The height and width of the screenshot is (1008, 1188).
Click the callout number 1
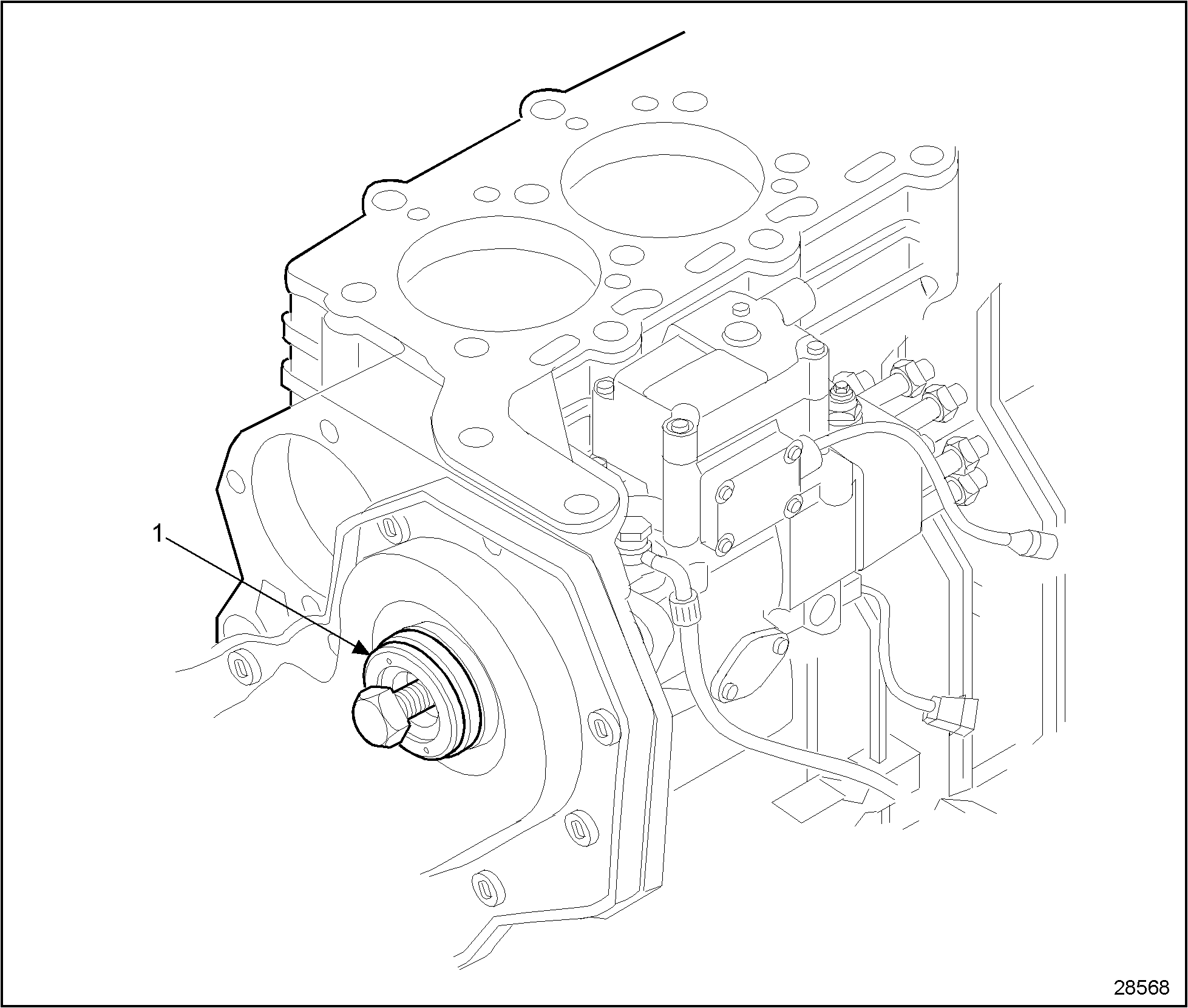click(157, 534)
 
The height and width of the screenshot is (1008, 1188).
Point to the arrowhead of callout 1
click(362, 649)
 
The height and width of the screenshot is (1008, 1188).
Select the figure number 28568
click(1141, 987)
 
